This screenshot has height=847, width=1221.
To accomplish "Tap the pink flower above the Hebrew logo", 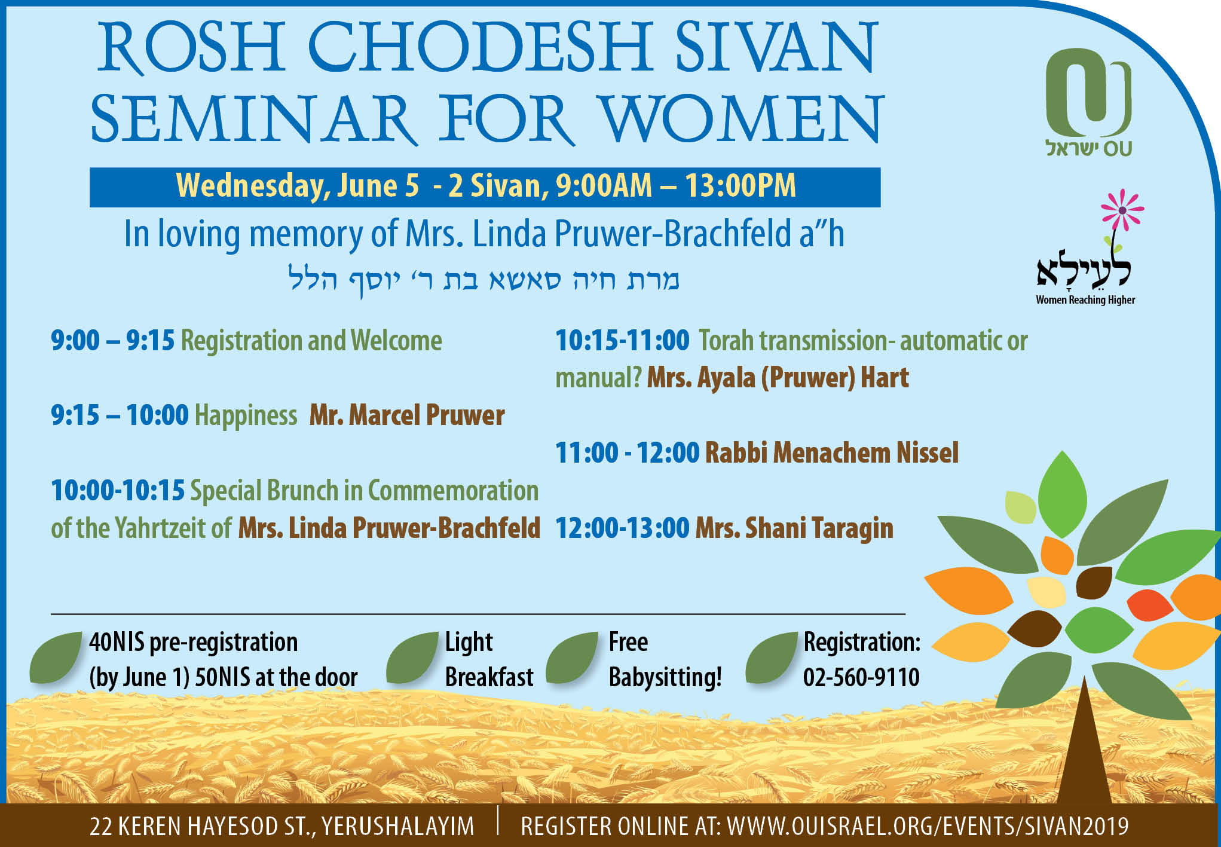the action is tap(1122, 210).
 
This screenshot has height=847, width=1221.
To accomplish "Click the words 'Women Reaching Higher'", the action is tap(1085, 300).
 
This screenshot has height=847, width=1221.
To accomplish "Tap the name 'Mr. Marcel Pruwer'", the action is tap(407, 415).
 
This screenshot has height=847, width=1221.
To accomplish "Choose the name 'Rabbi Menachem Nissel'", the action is tap(831, 452).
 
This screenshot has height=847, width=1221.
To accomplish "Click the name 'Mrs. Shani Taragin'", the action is tap(794, 528).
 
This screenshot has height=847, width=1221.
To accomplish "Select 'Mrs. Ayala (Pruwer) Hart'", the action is tap(778, 378).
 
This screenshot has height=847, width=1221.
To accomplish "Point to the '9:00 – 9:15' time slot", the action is tap(112, 341).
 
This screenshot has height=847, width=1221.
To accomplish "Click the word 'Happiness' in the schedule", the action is tap(246, 415).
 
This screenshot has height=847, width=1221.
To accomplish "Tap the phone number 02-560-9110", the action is tap(861, 677).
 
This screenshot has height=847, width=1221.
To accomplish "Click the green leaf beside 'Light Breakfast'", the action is tap(412, 658).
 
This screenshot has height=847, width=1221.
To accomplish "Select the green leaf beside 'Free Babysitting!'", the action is tap(572, 658).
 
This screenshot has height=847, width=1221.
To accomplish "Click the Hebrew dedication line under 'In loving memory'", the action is tap(483, 280).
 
